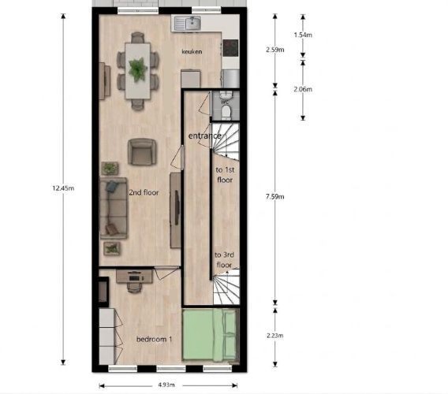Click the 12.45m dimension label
pos(63,188)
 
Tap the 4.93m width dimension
pos(166,385)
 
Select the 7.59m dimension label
pos(274,196)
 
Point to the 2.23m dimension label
pos(275,336)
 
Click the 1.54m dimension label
pos(303,35)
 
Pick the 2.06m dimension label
pos(303,89)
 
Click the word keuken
pos(192,52)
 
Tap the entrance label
pos(204,136)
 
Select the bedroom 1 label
pos(155,339)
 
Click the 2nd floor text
pos(144,192)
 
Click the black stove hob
pos(230,48)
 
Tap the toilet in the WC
pos(226,113)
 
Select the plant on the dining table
pos(138,69)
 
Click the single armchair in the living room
pos(142,152)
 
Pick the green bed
pos(211,336)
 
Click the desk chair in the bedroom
pos(134,288)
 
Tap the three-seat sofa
pos(114,208)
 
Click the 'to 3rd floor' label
pos(224,259)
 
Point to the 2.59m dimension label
pos(275,50)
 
